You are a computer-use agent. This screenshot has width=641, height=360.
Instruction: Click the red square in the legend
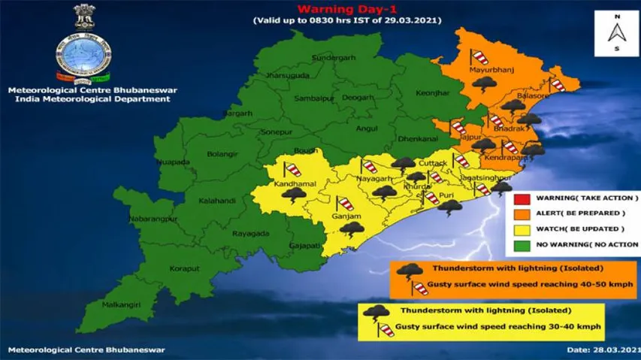pyautogui.click(x=521, y=199)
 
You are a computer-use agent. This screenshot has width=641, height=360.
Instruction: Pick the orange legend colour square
pyautogui.click(x=521, y=214)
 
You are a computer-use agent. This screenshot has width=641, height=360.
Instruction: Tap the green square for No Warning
pyautogui.click(x=521, y=244)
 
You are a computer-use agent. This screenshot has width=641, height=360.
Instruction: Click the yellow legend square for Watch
pyautogui.click(x=521, y=229)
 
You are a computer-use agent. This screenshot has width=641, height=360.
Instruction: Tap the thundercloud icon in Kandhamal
pyautogui.click(x=293, y=194)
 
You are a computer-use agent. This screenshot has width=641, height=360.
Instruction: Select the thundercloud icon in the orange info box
pyautogui.click(x=409, y=271)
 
